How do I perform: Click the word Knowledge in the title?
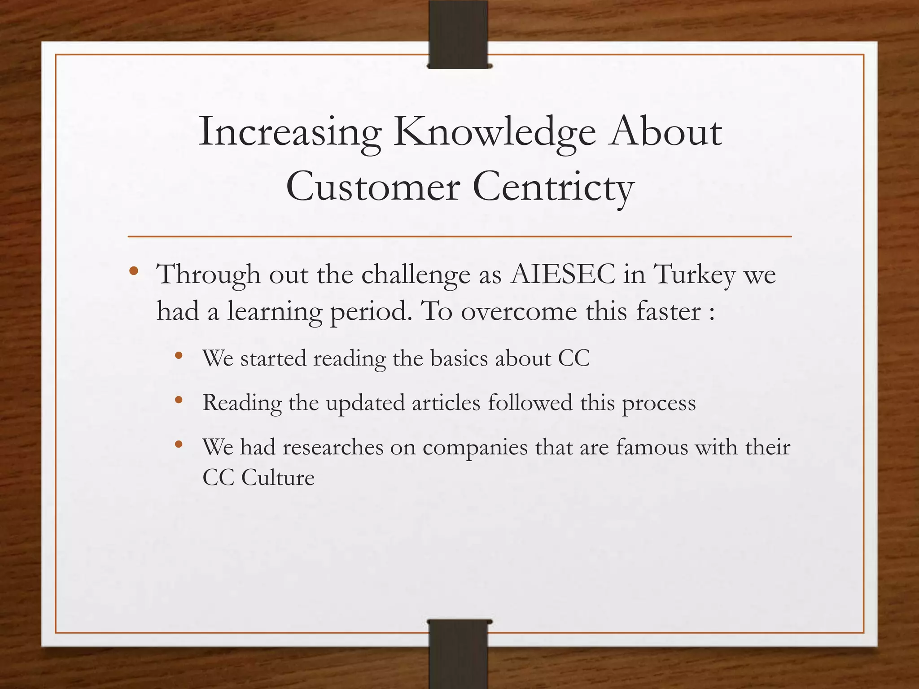click(495, 133)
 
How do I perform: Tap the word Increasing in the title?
click(290, 133)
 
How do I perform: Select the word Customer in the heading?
click(373, 187)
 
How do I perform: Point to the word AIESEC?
click(563, 274)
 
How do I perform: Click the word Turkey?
click(695, 274)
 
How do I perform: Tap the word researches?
click(333, 447)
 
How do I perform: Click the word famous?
click(652, 447)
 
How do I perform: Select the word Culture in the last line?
click(278, 477)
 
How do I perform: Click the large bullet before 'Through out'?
click(133, 271)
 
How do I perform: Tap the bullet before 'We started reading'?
click(179, 356)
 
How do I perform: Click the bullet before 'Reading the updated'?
click(179, 400)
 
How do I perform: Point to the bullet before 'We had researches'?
click(179, 445)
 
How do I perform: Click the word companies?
click(475, 448)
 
